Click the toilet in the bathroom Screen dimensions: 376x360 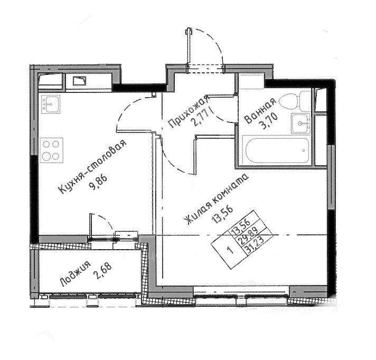pyautogui.click(x=295, y=101)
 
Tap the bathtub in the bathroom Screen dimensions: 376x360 pyautogui.click(x=277, y=150)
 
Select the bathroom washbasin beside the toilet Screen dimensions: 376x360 pyautogui.click(x=300, y=123)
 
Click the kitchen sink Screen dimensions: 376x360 pyautogui.click(x=50, y=104)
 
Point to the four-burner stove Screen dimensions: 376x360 pyautogui.click(x=51, y=150)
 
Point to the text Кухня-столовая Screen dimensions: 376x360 pyautogui.click(x=92, y=167)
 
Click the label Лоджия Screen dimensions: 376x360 pyautogui.click(x=76, y=274)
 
